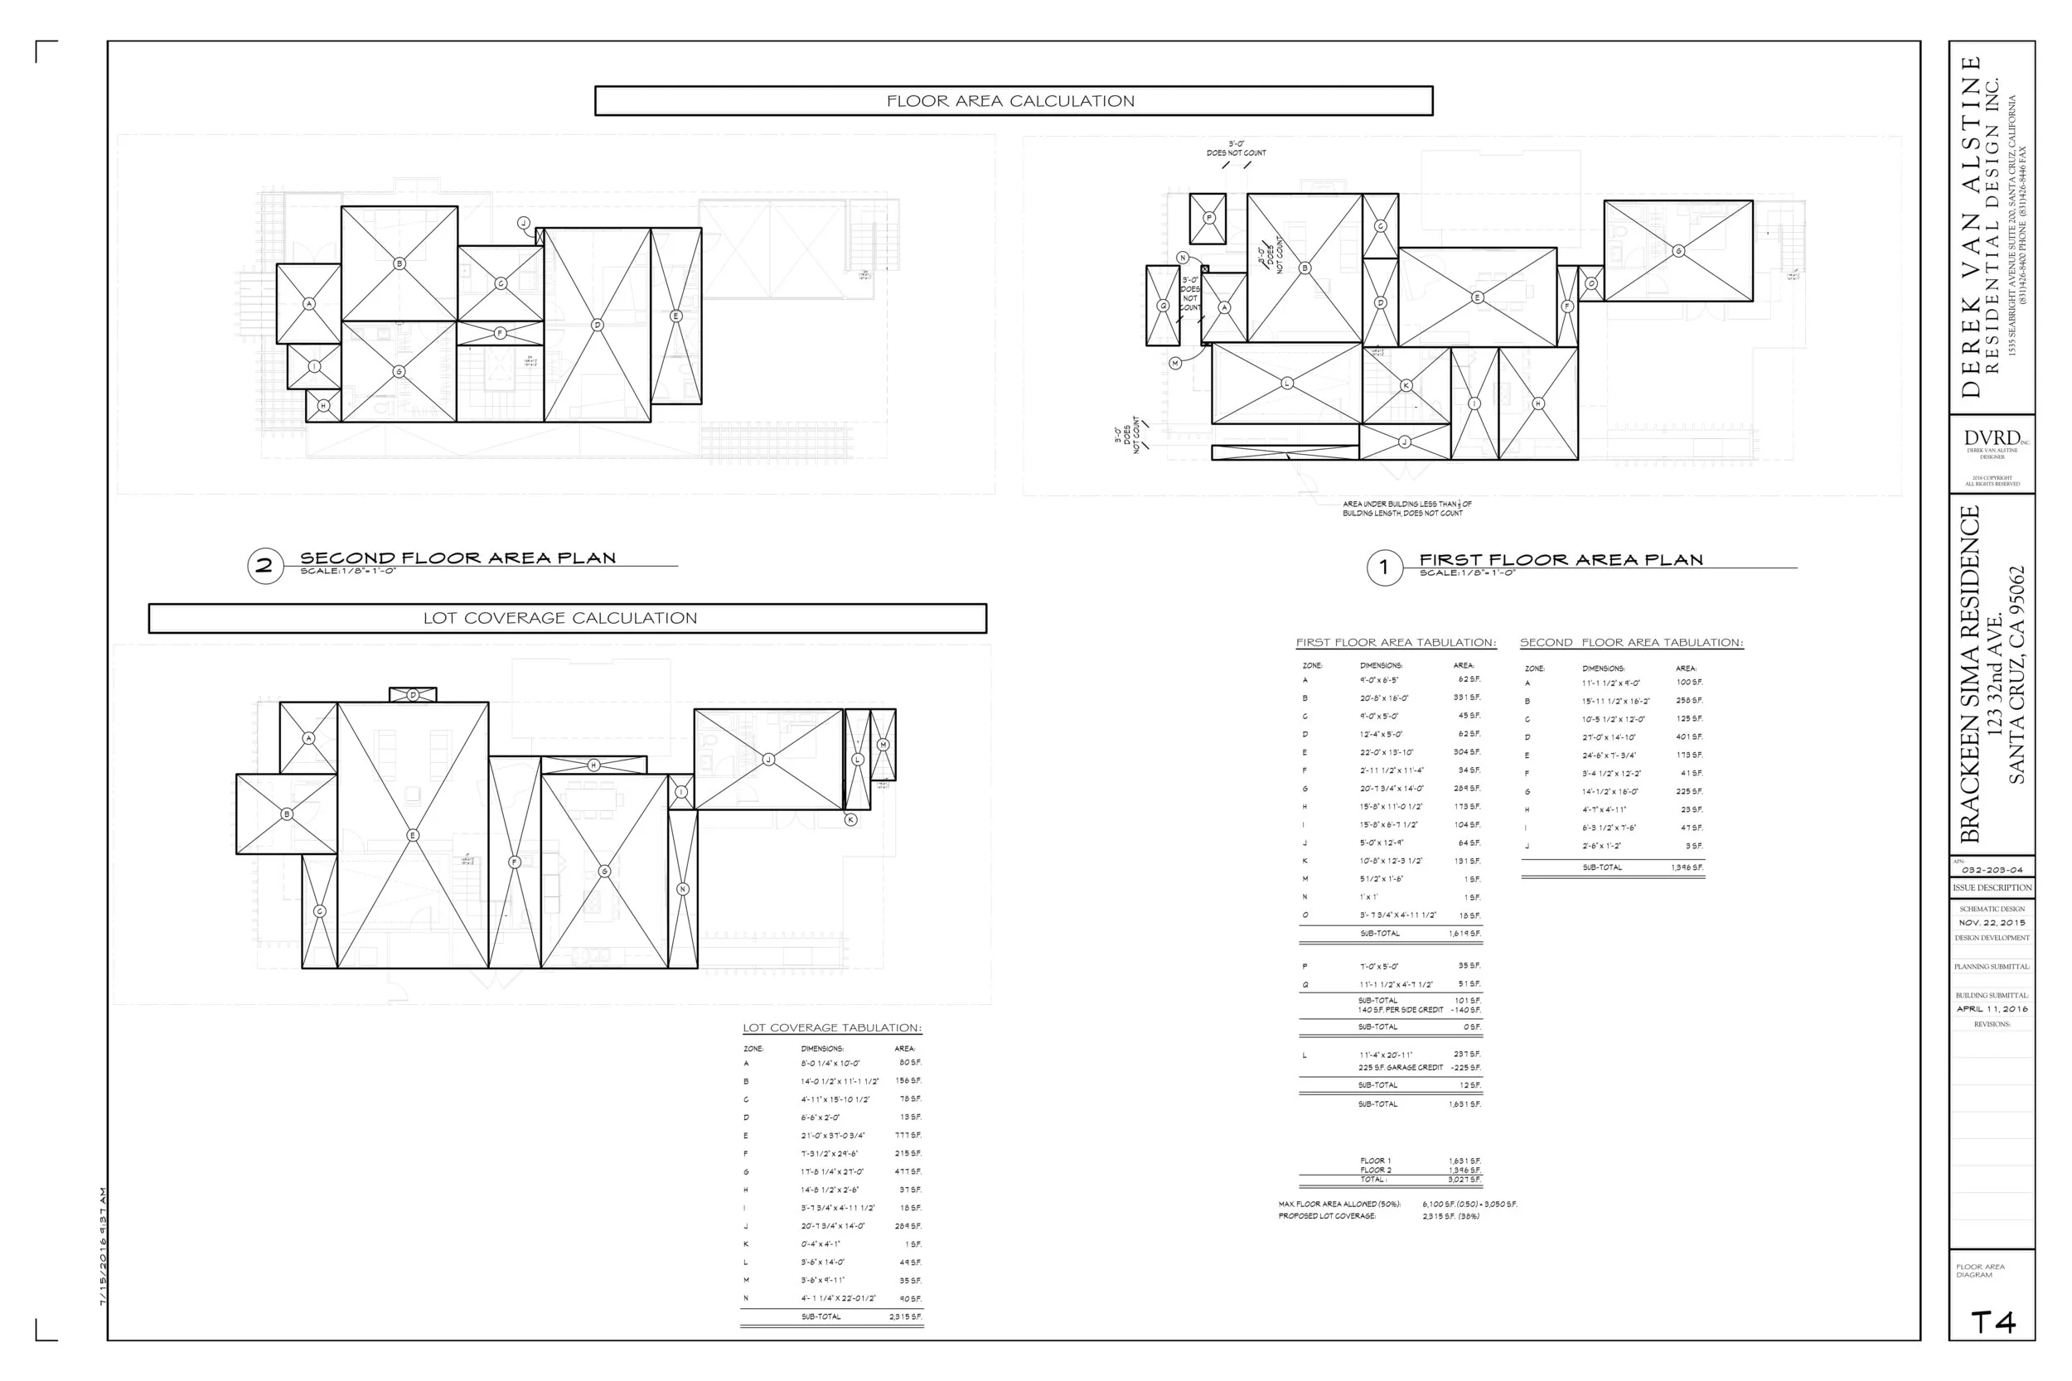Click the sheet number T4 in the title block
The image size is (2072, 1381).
[1992, 1322]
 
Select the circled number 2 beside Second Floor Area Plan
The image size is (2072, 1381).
[264, 566]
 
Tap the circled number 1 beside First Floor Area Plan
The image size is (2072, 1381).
[1383, 567]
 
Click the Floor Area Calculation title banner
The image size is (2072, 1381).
[1013, 101]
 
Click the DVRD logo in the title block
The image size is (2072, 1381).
[1991, 438]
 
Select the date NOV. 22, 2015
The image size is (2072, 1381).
[1992, 923]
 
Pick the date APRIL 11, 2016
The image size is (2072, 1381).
[1992, 1009]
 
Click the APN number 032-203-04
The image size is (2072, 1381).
[1992, 870]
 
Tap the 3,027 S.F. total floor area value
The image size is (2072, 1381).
[1464, 1180]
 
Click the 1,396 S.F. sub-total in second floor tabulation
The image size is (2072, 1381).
[1686, 867]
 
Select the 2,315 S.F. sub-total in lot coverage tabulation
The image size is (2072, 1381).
[905, 1316]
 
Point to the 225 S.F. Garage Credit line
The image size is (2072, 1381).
[1401, 1068]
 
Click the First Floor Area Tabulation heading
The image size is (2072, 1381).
[1396, 643]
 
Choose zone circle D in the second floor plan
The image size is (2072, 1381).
[598, 325]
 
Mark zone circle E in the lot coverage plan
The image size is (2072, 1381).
[412, 835]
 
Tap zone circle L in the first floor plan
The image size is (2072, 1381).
[1287, 383]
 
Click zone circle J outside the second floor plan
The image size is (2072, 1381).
[523, 223]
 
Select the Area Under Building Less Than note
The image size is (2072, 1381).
[1406, 509]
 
